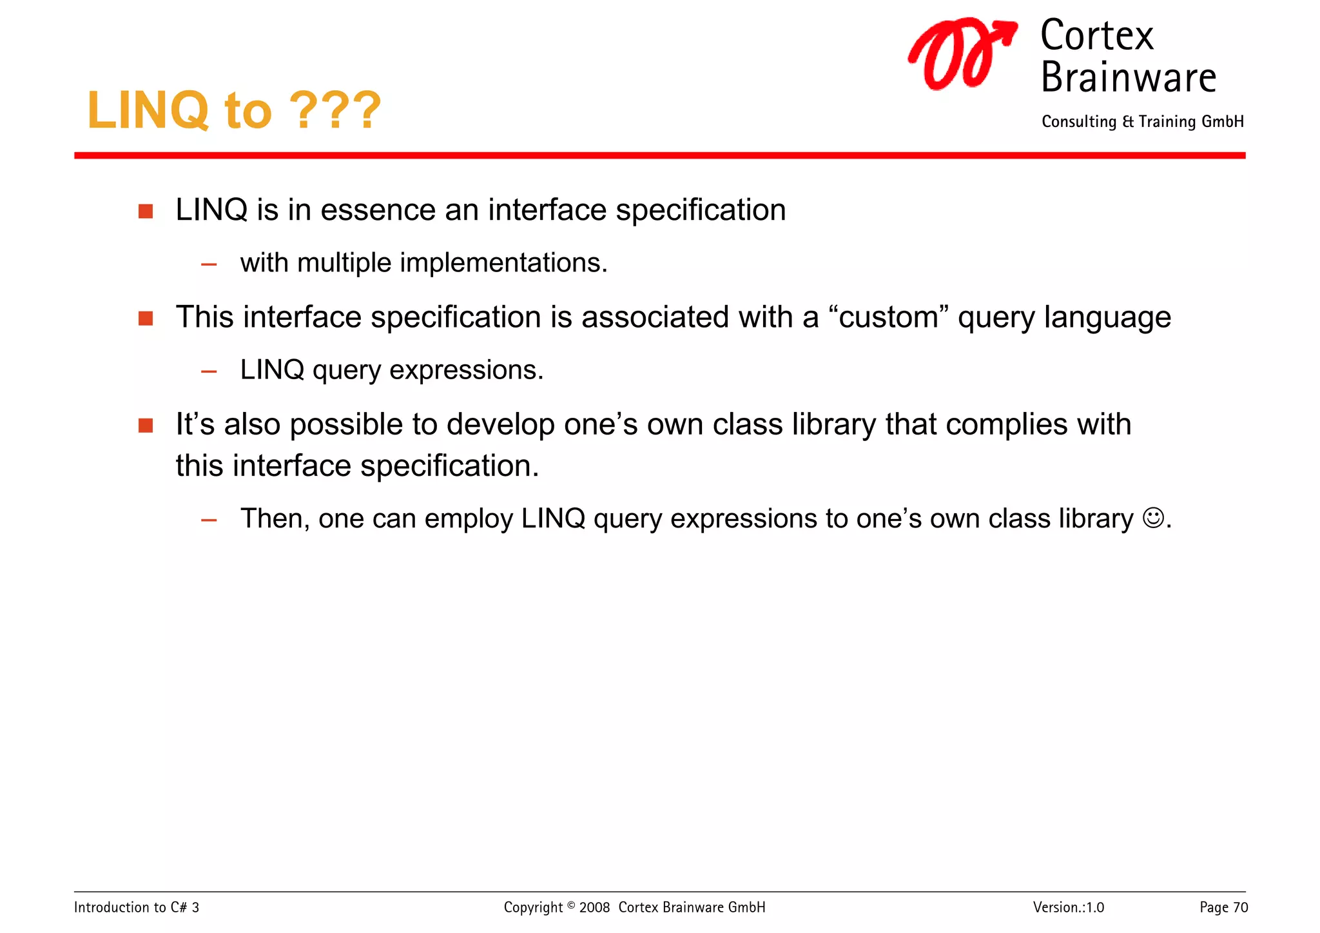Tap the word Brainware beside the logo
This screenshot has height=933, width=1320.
point(1128,77)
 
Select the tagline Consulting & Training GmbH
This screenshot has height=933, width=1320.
point(1142,122)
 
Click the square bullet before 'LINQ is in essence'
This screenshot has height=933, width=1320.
point(146,211)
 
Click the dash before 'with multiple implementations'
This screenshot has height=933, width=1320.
point(209,264)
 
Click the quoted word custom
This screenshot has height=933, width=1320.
point(888,317)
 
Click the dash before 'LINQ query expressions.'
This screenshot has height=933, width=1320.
point(209,371)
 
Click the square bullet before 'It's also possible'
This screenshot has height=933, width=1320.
point(146,426)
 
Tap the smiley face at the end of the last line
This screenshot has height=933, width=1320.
point(1152,518)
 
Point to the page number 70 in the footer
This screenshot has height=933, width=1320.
point(1241,908)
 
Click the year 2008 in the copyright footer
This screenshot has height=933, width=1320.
point(594,908)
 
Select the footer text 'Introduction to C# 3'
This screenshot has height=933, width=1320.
point(137,908)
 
